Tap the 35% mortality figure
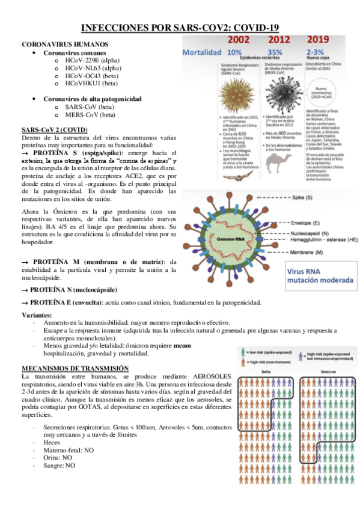pyautogui.click(x=275, y=52)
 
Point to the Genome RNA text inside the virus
pyautogui.click(x=221, y=239)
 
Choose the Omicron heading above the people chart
pyautogui.click(x=324, y=371)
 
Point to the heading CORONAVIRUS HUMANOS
pyautogui.click(x=65, y=45)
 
